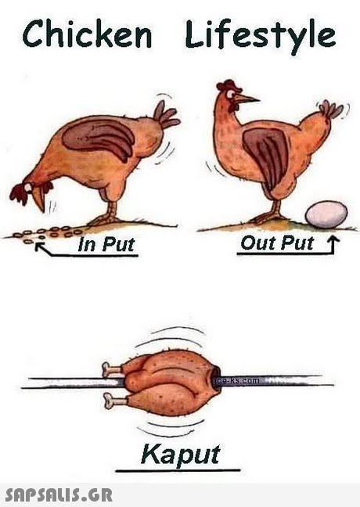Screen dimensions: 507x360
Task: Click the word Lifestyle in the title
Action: tap(261, 35)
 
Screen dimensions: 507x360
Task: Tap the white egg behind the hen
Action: tap(326, 213)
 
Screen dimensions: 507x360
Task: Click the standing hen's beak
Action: tap(247, 99)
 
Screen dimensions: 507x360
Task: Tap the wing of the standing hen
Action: tap(268, 153)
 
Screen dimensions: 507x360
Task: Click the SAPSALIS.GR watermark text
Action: tap(59, 494)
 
